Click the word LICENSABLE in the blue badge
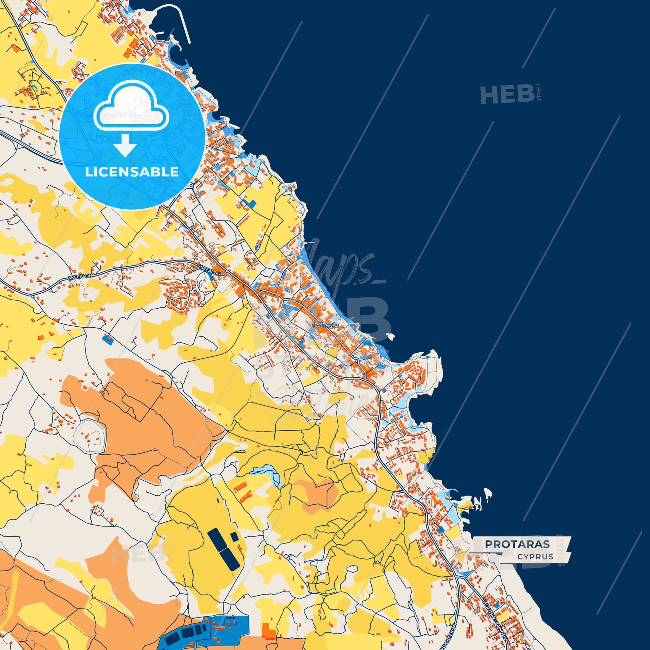click(132, 172)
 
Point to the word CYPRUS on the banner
click(535, 557)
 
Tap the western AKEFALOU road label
click(80, 277)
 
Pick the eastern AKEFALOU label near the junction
click(209, 270)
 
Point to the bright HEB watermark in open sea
click(507, 95)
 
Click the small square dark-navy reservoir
click(234, 536)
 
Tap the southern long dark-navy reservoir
click(229, 559)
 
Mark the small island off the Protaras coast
click(389, 336)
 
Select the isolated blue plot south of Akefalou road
click(108, 339)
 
